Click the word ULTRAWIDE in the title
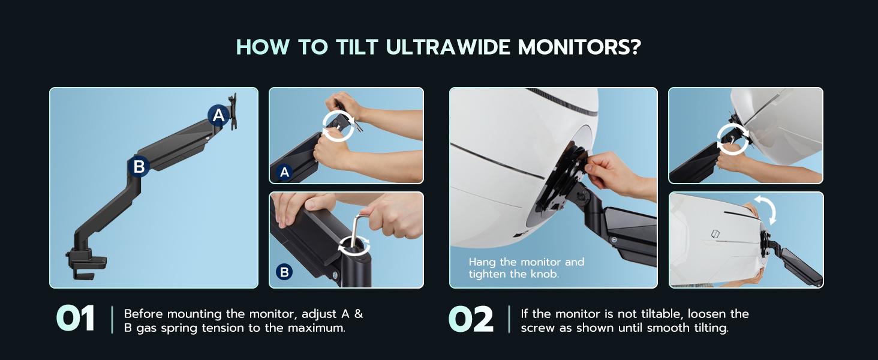click(447, 47)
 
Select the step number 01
click(76, 319)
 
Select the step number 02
click(471, 319)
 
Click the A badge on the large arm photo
click(218, 115)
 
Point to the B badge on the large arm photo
click(139, 167)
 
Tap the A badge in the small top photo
click(284, 173)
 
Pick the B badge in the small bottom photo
click(284, 272)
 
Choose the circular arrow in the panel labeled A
click(338, 125)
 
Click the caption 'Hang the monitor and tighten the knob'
click(526, 268)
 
